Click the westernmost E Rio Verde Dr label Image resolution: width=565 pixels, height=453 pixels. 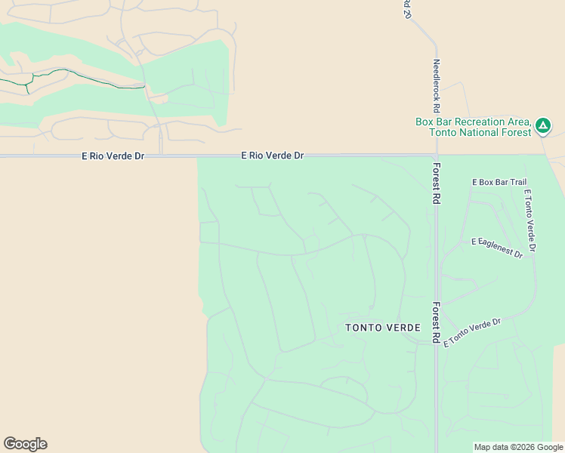pyautogui.click(x=112, y=156)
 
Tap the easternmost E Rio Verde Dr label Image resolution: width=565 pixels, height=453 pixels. pyautogui.click(x=272, y=155)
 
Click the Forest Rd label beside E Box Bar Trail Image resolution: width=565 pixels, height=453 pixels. pyautogui.click(x=436, y=183)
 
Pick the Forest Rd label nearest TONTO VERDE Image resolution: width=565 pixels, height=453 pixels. pyautogui.click(x=436, y=324)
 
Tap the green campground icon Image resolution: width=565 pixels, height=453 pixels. pyautogui.click(x=543, y=126)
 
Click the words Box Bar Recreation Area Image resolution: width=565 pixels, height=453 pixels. pyautogui.click(x=473, y=122)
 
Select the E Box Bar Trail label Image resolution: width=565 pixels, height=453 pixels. pyautogui.click(x=499, y=182)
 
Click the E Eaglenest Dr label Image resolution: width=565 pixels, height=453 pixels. pyautogui.click(x=496, y=248)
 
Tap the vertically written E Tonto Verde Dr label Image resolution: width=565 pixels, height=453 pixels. pyautogui.click(x=529, y=220)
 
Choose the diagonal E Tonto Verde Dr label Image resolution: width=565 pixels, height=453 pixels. pyautogui.click(x=472, y=332)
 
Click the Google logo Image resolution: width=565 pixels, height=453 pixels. pyautogui.click(x=26, y=444)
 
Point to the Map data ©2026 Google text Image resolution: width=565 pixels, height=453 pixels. pyautogui.click(x=517, y=447)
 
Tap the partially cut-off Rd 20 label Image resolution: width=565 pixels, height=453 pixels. pyautogui.click(x=406, y=9)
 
